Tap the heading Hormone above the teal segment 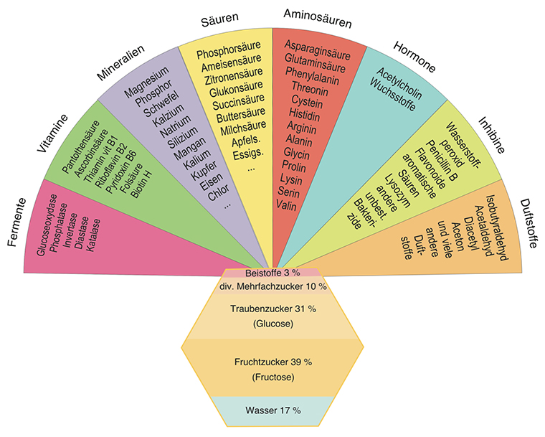pyautogui.click(x=414, y=58)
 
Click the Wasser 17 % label pyautogui.click(x=272, y=410)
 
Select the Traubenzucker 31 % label pyautogui.click(x=272, y=309)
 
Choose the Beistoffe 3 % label pyautogui.click(x=272, y=273)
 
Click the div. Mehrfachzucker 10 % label pyautogui.click(x=272, y=287)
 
